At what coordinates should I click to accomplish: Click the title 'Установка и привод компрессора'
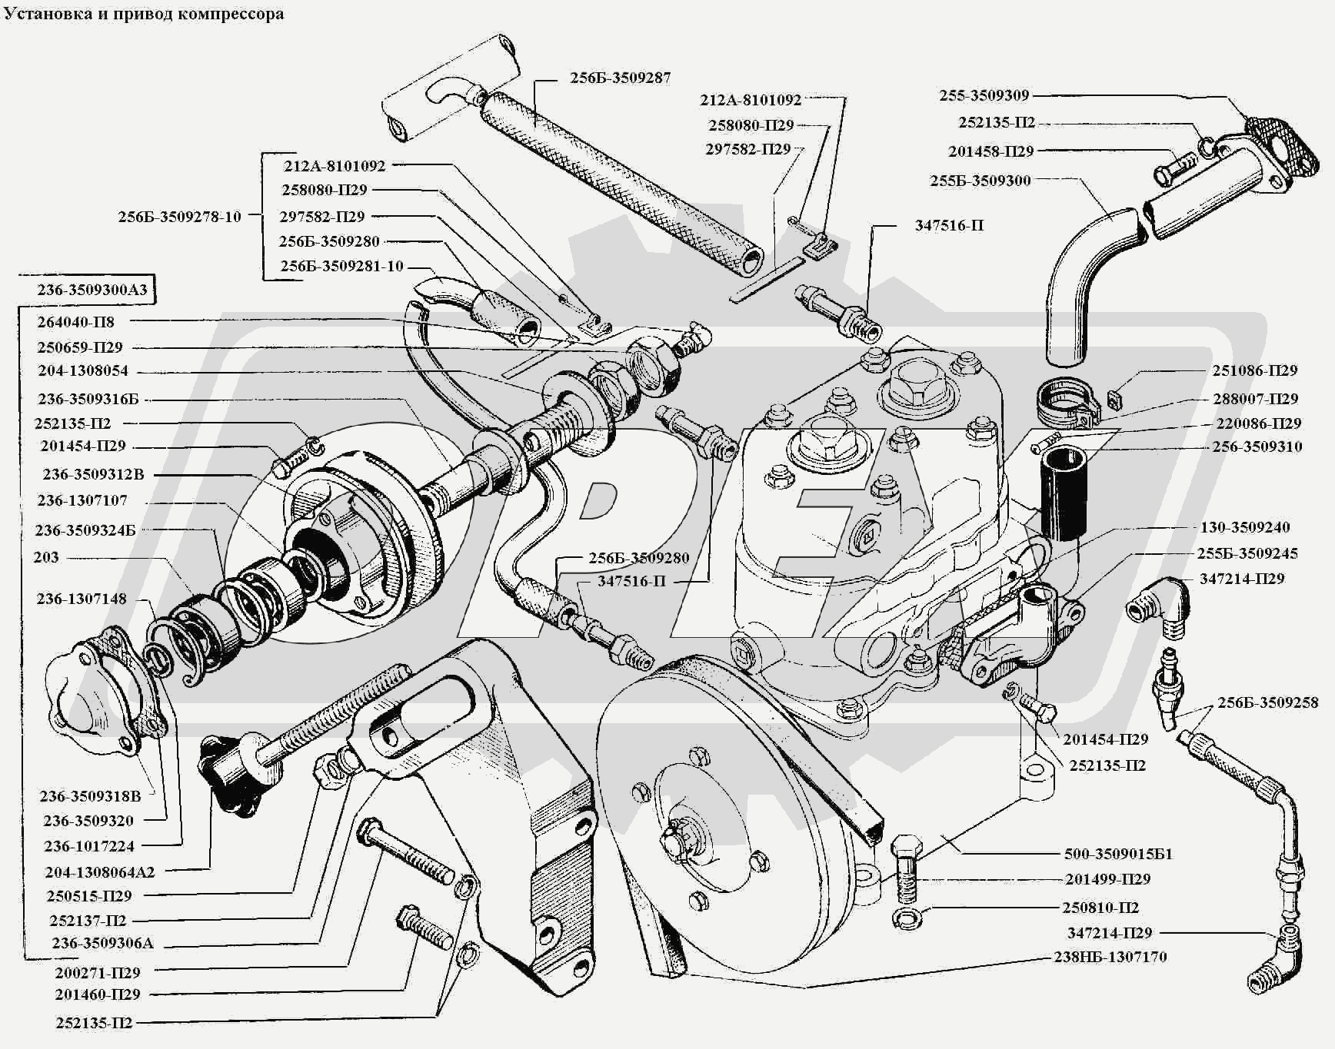144,14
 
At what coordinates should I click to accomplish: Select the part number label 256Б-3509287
620,78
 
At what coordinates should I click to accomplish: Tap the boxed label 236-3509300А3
92,290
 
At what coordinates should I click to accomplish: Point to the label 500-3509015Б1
1118,854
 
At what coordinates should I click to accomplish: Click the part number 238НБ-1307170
1110,957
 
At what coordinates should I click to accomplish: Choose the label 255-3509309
984,95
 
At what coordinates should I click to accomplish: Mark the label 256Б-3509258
1267,702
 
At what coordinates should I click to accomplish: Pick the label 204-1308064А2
100,871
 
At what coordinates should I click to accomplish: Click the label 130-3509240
1245,527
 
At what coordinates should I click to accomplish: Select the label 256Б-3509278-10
179,217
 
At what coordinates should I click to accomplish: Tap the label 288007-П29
1255,398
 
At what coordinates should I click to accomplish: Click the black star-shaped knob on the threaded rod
225,772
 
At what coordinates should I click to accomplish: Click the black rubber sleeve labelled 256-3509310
1064,492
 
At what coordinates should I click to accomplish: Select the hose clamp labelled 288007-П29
1064,401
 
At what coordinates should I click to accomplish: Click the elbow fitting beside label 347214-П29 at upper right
1158,606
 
